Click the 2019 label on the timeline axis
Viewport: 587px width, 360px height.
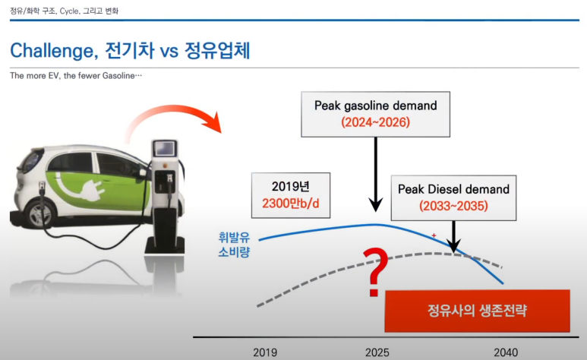265,352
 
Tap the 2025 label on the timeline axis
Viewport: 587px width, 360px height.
377,352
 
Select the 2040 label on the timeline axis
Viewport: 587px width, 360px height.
506,352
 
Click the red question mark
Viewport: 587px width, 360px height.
376,272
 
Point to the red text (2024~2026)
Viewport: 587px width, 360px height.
375,122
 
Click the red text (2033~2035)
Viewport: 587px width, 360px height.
453,206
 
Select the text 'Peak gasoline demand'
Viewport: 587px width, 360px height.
375,106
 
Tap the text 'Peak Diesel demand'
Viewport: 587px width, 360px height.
453,189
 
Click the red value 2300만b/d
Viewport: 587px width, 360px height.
291,204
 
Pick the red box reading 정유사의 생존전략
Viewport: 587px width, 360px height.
478,311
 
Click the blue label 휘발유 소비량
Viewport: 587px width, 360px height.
234,245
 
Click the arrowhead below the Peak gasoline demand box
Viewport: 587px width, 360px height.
375,204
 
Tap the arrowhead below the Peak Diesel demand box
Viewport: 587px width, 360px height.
453,246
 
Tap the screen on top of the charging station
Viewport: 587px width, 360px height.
164,149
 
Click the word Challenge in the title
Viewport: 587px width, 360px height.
54,51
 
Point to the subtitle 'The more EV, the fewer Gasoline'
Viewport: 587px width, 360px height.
76,76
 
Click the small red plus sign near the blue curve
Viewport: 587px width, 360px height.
434,235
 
